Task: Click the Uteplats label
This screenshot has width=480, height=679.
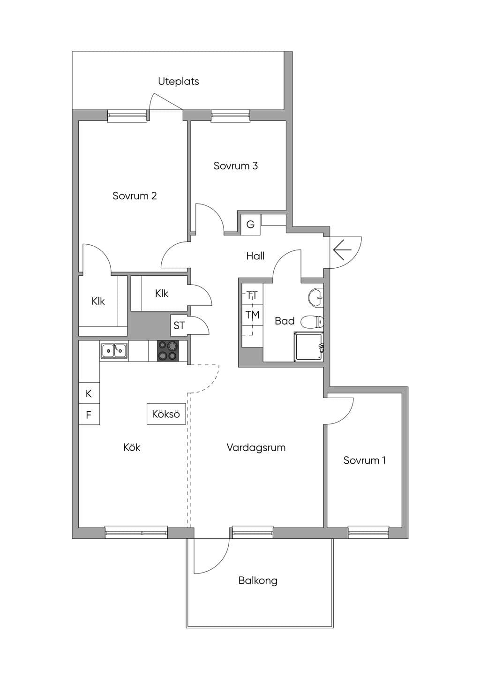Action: [179, 81]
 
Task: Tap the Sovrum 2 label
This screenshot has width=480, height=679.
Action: [135, 196]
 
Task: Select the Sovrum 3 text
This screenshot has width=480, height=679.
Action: [236, 166]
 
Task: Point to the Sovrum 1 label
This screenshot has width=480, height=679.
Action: [365, 460]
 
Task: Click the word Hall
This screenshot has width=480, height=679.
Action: [255, 256]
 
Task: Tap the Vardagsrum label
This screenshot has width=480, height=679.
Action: [256, 447]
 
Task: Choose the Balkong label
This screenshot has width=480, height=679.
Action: [258, 581]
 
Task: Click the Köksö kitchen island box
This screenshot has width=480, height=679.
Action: [166, 414]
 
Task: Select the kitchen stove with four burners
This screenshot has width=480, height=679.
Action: [167, 351]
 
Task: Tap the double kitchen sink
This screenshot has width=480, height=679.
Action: [114, 351]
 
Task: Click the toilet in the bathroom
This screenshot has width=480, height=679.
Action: [313, 322]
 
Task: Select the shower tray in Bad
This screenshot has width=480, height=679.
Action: [309, 347]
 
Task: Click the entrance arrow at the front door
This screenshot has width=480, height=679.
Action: [342, 249]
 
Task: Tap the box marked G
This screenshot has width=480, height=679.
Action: [250, 225]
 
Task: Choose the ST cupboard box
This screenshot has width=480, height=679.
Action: [179, 325]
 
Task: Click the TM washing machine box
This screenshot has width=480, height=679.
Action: [253, 315]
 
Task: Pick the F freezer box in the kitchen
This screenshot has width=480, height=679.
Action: [89, 415]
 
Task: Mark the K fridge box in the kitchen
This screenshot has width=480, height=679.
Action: [89, 393]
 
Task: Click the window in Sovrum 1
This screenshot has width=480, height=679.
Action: [368, 532]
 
